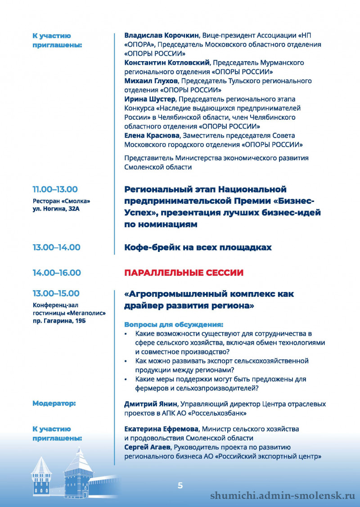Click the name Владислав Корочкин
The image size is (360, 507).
point(162,36)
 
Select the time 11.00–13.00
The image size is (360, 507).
point(55,189)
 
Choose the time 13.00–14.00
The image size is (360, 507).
point(56,247)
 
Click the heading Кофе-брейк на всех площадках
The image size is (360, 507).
point(198,247)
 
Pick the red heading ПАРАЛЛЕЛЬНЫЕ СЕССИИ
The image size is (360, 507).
point(184,273)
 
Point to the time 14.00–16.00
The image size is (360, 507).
point(56,273)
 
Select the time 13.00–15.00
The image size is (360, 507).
point(56,294)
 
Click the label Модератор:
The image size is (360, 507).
point(54,404)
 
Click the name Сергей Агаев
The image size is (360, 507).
point(147,447)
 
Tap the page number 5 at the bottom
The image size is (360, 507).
point(180,485)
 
